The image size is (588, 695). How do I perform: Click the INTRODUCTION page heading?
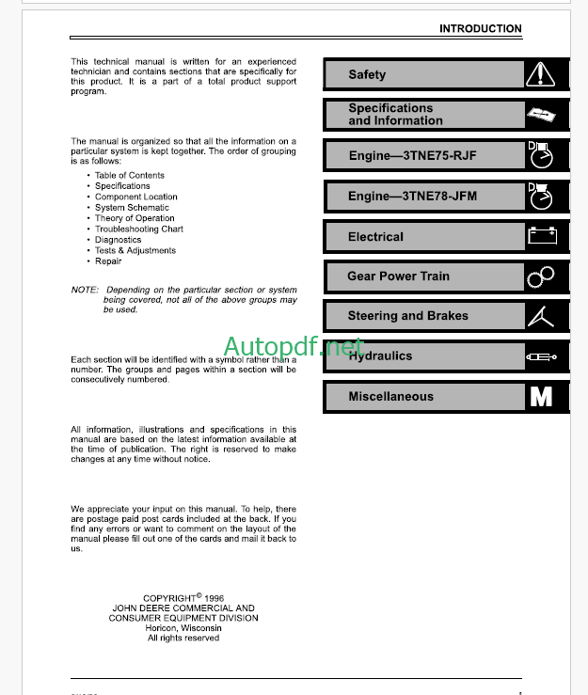[480, 29]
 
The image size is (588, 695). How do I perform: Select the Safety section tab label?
[367, 75]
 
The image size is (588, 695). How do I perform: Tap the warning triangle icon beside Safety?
[547, 75]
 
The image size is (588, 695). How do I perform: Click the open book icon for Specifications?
[547, 115]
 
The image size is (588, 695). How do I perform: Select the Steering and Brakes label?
[407, 316]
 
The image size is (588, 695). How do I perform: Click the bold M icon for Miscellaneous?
[542, 397]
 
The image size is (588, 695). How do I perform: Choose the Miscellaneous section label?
[390, 397]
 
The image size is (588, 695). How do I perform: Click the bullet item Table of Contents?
[129, 176]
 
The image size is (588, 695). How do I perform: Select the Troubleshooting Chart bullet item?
[138, 229]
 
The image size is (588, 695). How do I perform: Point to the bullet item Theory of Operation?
[135, 218]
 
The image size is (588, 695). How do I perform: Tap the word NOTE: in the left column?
[84, 290]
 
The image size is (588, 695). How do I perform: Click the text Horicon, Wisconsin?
[183, 628]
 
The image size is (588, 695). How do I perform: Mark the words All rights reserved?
[183, 639]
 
